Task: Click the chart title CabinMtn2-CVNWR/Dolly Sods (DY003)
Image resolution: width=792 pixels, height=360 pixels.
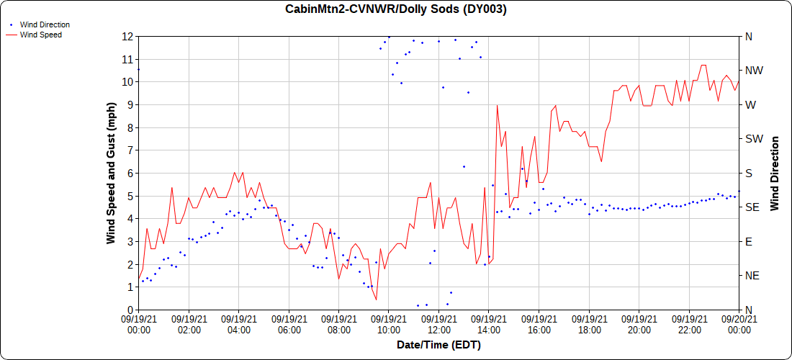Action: (396, 9)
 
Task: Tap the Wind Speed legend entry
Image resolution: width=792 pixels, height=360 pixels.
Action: (40, 35)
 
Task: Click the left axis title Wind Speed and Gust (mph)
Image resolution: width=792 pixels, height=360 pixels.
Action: (111, 173)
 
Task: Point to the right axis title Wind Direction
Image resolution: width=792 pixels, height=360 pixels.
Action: (775, 173)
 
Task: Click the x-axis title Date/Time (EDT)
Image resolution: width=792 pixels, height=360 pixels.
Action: (438, 345)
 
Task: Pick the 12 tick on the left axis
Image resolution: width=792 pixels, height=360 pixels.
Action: (127, 36)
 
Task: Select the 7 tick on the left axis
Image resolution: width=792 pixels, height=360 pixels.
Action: (130, 150)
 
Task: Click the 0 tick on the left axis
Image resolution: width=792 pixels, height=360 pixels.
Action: (130, 310)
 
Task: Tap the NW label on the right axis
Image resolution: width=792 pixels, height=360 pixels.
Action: (753, 71)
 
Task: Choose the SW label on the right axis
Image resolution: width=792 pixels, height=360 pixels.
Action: (753, 139)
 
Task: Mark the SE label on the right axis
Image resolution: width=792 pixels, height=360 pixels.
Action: (752, 207)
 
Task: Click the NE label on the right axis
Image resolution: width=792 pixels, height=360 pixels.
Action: (752, 276)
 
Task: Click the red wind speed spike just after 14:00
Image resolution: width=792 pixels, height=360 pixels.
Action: (497, 105)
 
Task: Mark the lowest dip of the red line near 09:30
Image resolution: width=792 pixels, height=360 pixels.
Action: (376, 300)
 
